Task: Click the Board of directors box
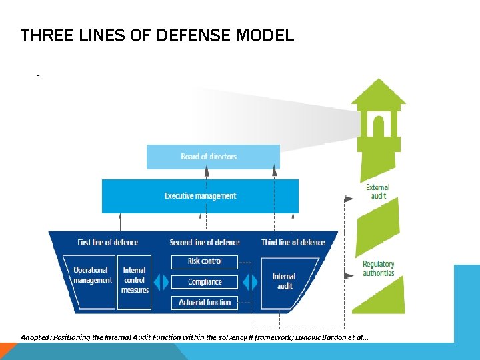pyautogui.click(x=209, y=157)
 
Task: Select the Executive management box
pyautogui.click(x=200, y=196)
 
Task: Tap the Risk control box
pyautogui.click(x=205, y=261)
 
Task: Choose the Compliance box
pyautogui.click(x=205, y=282)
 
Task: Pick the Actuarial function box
pyautogui.click(x=205, y=302)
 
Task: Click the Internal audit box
pyautogui.click(x=284, y=281)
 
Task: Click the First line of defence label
pyautogui.click(x=107, y=242)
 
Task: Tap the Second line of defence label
pyautogui.click(x=204, y=242)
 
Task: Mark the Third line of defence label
pyautogui.click(x=293, y=242)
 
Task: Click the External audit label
pyautogui.click(x=377, y=191)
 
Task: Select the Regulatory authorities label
pyautogui.click(x=378, y=269)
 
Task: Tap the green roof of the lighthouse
pyautogui.click(x=378, y=93)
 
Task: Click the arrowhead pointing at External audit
pyautogui.click(x=347, y=197)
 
